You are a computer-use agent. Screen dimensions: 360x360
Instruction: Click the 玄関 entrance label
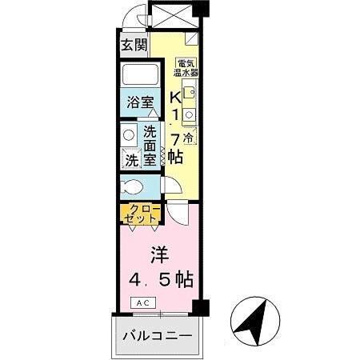coord(134,45)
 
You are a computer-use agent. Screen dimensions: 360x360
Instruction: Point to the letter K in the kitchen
coord(174,98)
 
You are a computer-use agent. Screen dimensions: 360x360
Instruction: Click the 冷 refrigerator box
coord(188,138)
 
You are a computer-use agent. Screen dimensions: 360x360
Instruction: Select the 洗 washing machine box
coord(131,160)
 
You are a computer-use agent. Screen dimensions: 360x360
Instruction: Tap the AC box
coord(144,303)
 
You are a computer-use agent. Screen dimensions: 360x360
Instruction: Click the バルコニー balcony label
coord(157,335)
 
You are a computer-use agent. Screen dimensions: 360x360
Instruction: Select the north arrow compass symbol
coord(255,322)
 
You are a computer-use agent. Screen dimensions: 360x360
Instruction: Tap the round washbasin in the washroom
coord(130,134)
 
